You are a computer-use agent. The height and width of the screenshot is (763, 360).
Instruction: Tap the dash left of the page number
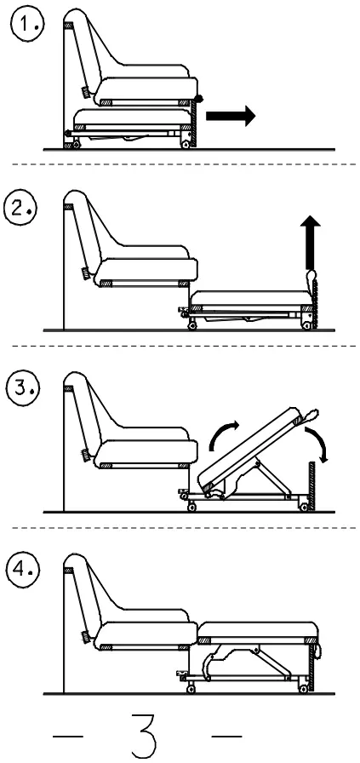coord(68,734)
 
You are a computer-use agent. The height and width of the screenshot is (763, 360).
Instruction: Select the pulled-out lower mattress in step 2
coord(247,300)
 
